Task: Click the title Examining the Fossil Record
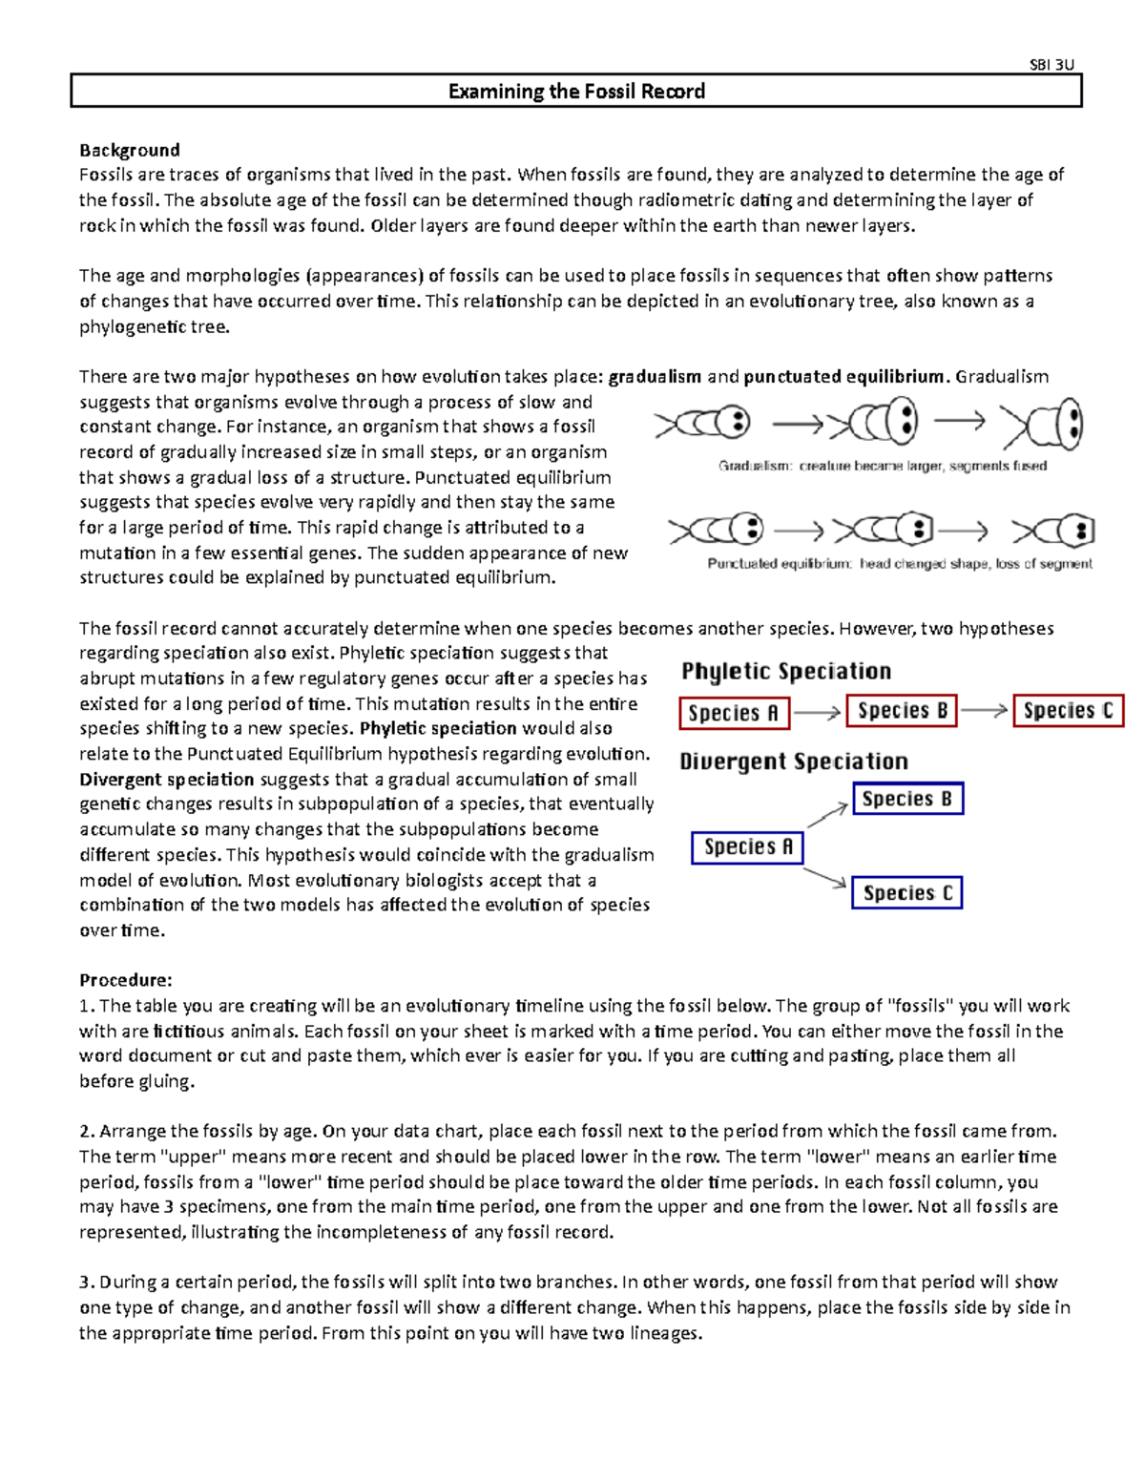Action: coord(576,92)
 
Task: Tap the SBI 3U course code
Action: coord(1051,65)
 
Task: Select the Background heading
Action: coord(129,150)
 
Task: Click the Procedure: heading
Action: coord(125,980)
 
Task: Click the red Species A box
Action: coord(734,713)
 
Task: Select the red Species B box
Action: coord(902,711)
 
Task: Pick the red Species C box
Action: coord(1068,711)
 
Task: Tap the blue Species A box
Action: coord(747,847)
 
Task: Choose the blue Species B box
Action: coord(906,799)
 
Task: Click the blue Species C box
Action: coord(906,893)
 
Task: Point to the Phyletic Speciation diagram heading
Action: coord(786,671)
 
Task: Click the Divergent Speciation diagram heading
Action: coord(794,762)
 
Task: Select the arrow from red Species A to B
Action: coord(817,712)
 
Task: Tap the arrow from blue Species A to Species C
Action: coord(825,878)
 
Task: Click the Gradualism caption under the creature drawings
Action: coord(882,467)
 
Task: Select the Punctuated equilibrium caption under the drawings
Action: coord(899,564)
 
